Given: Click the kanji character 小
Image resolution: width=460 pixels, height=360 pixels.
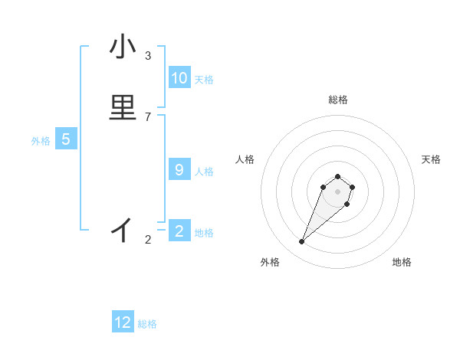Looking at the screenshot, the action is [123, 48].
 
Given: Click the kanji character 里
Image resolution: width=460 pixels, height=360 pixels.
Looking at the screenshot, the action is [123, 108].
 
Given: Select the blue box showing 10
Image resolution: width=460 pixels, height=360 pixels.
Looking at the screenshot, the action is [179, 78].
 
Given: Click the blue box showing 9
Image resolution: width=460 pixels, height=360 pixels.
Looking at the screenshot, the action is [179, 170].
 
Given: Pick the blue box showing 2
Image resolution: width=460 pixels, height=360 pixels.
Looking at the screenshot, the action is [179, 231].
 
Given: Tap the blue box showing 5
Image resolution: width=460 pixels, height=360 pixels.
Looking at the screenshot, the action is [66, 139].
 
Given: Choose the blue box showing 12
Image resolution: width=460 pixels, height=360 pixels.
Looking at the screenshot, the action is [123, 322].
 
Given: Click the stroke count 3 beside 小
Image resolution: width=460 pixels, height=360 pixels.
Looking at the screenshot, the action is [148, 56].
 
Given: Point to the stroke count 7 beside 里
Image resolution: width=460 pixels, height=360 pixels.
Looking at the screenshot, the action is [148, 116].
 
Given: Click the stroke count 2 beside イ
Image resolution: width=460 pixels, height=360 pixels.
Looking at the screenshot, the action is [148, 240].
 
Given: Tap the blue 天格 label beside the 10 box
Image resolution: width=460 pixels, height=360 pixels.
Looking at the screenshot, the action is [204, 79].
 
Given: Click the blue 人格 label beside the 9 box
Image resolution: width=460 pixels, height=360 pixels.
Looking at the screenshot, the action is [204, 171].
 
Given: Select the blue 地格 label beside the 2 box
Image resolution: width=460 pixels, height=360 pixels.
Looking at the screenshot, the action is [204, 232].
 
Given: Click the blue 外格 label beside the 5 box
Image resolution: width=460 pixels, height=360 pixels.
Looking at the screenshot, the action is [41, 140].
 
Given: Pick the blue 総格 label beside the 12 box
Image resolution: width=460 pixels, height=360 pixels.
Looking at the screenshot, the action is [147, 324].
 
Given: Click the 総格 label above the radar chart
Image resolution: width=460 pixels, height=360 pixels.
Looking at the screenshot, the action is [338, 100].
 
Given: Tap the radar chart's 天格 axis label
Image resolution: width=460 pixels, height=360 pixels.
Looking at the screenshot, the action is [431, 159].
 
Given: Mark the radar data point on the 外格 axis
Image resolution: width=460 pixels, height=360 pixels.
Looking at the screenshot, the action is [302, 242].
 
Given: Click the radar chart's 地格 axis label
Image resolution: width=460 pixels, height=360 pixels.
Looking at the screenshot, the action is [402, 262].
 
